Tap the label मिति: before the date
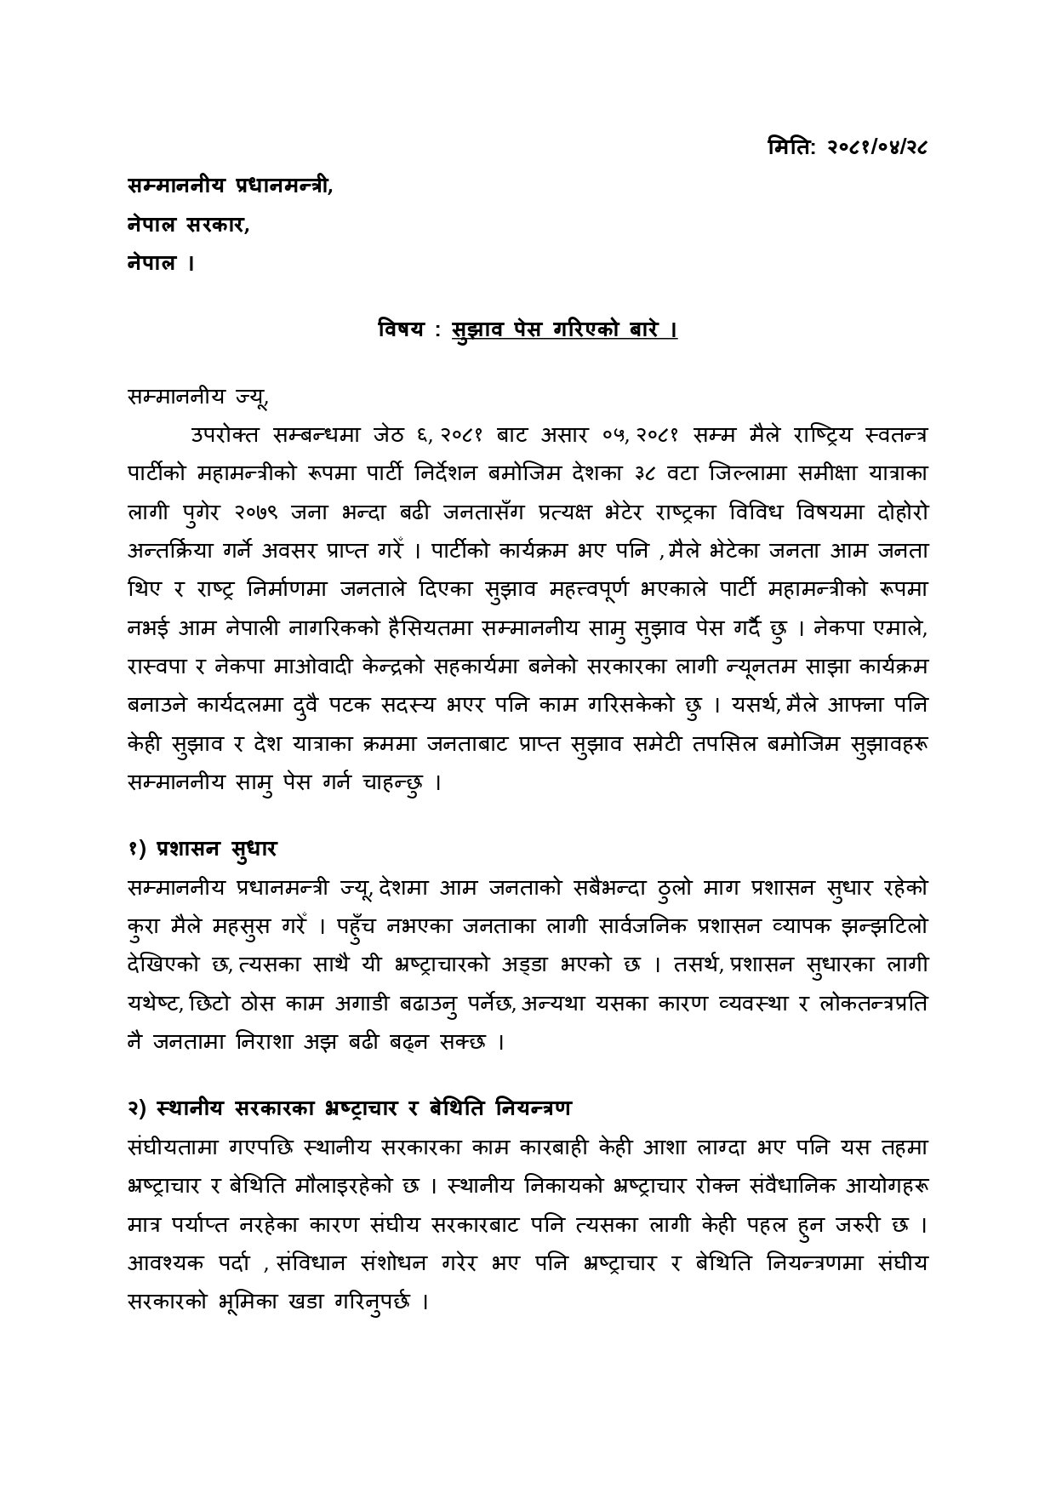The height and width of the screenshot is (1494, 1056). click(791, 147)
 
